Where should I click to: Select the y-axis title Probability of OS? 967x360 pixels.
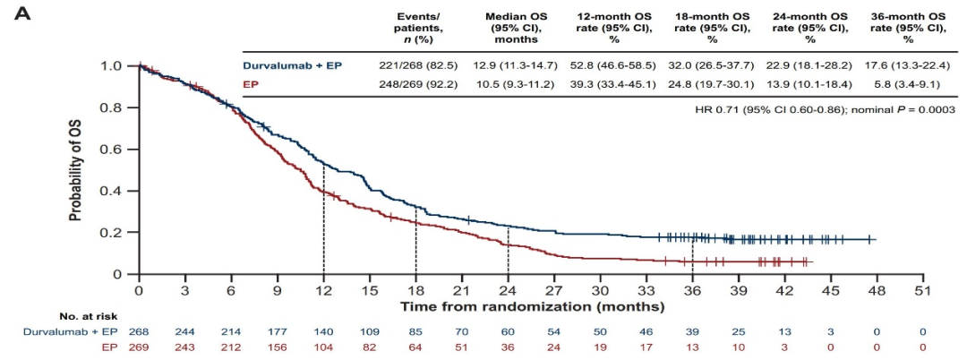coord(80,170)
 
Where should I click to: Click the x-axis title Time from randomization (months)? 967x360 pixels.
coord(532,306)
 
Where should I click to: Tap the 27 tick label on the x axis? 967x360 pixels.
coord(554,291)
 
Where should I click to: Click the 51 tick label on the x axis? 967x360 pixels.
coord(923,291)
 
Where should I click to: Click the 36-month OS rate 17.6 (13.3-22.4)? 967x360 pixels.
coord(908,66)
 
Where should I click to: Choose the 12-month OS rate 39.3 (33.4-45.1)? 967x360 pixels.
coord(616,83)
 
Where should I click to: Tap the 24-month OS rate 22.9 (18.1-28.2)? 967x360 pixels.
coord(809,66)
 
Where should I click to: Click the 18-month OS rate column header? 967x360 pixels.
coord(713,28)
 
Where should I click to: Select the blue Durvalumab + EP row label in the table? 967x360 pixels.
coord(292,66)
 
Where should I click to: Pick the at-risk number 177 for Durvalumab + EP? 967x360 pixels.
coord(277,331)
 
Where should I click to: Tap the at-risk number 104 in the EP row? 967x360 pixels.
coord(323,346)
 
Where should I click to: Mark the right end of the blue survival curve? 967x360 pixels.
coord(876,239)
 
